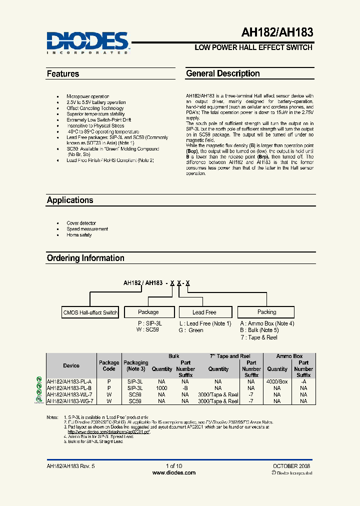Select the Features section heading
[63, 74]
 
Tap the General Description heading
[223, 73]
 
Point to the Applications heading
[70, 200]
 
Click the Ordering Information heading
[85, 258]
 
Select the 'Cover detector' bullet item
[81, 223]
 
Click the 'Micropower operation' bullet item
[87, 96]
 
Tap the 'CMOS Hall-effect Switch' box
[90, 312]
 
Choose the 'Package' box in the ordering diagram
[148, 312]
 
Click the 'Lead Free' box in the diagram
[204, 312]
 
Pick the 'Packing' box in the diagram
[266, 312]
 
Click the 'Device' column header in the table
[71, 366]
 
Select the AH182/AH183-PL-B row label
[69, 387]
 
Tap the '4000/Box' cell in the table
[277, 381]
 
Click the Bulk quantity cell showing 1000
[161, 387]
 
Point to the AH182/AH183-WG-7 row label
[70, 401]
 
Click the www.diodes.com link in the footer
[173, 472]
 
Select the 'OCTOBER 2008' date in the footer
[291, 466]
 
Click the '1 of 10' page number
[173, 466]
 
